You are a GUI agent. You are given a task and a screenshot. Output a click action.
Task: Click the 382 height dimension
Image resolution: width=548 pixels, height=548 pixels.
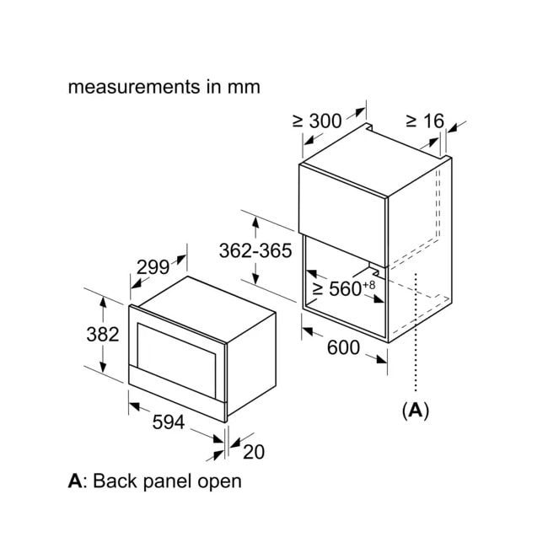(102, 334)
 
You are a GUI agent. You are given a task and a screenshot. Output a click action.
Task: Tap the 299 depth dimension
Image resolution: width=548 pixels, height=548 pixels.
(153, 267)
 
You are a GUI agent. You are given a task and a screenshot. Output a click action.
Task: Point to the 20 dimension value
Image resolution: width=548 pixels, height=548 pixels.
(253, 452)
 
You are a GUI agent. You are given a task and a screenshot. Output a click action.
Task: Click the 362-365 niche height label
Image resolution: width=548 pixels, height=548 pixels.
(254, 250)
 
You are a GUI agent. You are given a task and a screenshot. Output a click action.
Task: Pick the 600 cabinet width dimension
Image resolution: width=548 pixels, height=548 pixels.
(344, 347)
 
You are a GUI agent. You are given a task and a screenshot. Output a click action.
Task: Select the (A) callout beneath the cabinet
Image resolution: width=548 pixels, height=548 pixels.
(415, 411)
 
